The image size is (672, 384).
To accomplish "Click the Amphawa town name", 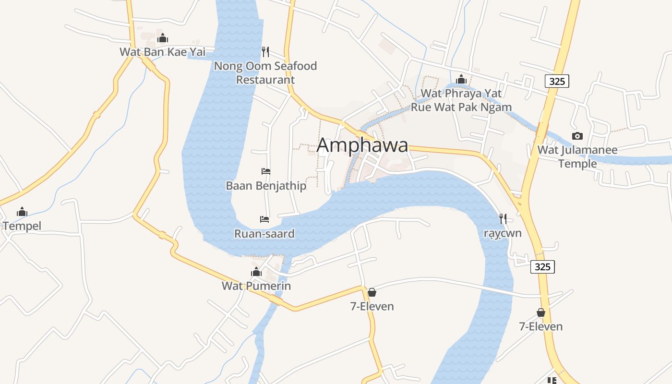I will point(362,145).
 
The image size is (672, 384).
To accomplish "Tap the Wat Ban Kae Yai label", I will point(162,52).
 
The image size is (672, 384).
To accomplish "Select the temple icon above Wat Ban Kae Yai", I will point(163,37).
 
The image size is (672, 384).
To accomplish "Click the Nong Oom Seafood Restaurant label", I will point(265,72).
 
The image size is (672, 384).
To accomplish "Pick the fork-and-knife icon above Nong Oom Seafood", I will point(265,51).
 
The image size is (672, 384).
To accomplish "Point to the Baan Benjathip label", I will point(266,185).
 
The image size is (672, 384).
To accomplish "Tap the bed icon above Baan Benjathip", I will point(266,171).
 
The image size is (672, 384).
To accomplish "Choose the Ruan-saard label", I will point(264,234).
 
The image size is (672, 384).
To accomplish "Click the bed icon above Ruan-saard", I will point(264,219).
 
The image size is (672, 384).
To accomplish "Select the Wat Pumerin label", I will point(256,286).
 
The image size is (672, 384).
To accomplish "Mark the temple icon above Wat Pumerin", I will point(256,272).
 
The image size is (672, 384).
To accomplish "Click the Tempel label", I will point(22,226).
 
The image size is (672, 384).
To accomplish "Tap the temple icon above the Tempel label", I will point(22,212).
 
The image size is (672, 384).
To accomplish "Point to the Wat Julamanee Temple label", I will point(577,156).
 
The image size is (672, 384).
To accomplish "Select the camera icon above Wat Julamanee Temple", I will point(577,136).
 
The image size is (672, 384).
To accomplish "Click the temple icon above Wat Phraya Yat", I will point(461,79).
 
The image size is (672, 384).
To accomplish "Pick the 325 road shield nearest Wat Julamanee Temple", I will point(557,81).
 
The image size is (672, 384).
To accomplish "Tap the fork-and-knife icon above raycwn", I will point(503,219).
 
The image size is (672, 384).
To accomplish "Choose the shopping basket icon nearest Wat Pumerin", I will point(372,292).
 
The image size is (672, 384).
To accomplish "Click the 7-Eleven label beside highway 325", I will point(541,326).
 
